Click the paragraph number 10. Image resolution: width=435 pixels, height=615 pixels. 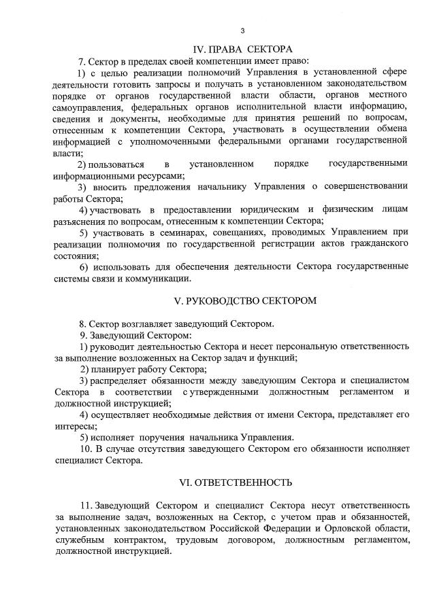86,449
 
